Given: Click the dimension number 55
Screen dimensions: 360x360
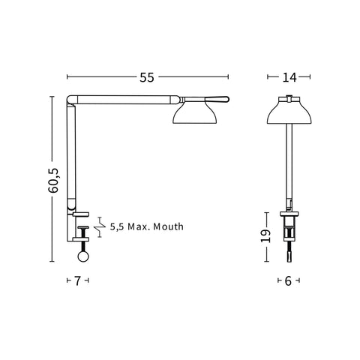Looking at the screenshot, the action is pyautogui.click(x=147, y=77).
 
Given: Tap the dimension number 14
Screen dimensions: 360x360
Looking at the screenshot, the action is pyautogui.click(x=289, y=77).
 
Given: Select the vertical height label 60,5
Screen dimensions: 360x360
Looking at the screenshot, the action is pyautogui.click(x=53, y=181).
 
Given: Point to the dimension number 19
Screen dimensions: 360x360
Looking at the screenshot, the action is pyautogui.click(x=265, y=235).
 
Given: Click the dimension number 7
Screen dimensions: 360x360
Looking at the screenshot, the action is pyautogui.click(x=77, y=280).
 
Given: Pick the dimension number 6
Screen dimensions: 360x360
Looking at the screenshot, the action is pyautogui.click(x=288, y=281).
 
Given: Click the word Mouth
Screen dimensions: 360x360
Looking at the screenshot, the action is pyautogui.click(x=168, y=226).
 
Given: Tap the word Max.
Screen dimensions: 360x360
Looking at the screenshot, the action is pyautogui.click(x=138, y=226).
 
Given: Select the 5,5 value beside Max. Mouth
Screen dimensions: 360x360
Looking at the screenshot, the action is pyautogui.click(x=117, y=226).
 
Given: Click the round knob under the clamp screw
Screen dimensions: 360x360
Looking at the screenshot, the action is pyautogui.click(x=83, y=256).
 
